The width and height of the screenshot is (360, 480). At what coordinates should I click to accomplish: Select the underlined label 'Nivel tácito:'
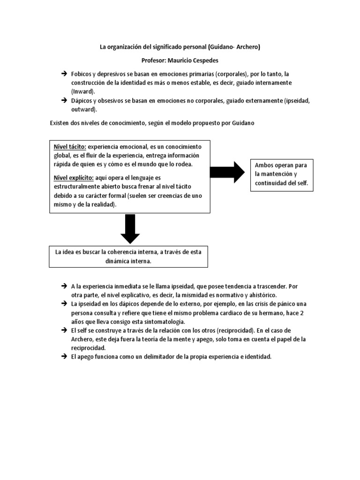[70, 146]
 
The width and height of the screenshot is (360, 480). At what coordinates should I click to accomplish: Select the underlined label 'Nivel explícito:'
[74, 178]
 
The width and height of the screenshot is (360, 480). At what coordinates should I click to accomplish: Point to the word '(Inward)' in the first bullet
[83, 90]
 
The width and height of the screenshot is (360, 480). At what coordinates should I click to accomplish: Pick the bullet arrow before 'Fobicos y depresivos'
[64, 74]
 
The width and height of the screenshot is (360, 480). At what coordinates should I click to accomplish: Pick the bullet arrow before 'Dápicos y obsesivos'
[64, 100]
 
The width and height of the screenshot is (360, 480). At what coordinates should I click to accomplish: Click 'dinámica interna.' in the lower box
[129, 261]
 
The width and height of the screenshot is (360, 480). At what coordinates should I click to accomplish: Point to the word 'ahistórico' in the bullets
[262, 295]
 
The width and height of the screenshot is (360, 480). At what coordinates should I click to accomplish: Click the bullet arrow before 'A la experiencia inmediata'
[64, 286]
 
